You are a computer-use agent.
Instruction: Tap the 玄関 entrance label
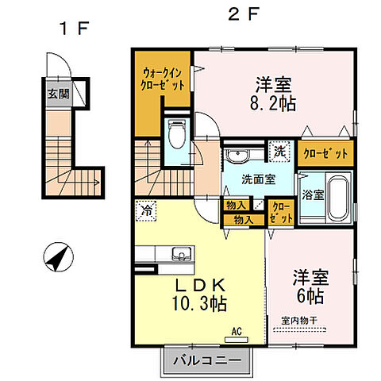(x=56, y=94)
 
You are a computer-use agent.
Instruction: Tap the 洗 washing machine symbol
(x=280, y=149)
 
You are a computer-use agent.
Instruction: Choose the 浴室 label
(x=311, y=194)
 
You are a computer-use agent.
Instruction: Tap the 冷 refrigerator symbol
(x=146, y=211)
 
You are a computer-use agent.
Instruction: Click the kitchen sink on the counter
(x=180, y=256)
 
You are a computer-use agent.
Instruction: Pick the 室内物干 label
(x=298, y=320)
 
